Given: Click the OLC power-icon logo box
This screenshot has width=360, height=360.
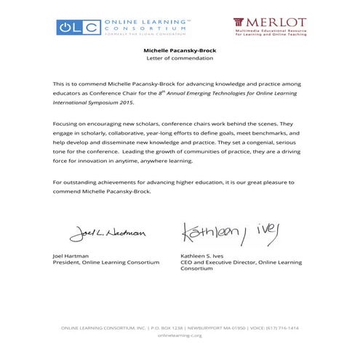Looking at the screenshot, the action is pos(79,28).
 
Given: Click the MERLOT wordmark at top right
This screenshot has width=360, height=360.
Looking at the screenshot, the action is pos(269,23).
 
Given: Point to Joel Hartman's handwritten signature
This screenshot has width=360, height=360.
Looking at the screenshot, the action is pos(107,233).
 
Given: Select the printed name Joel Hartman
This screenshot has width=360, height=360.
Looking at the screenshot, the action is pos(70,256).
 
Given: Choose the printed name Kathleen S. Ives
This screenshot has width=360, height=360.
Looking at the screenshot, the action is pos(202,256).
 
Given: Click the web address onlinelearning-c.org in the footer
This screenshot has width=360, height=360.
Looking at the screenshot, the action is pos(179,335).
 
